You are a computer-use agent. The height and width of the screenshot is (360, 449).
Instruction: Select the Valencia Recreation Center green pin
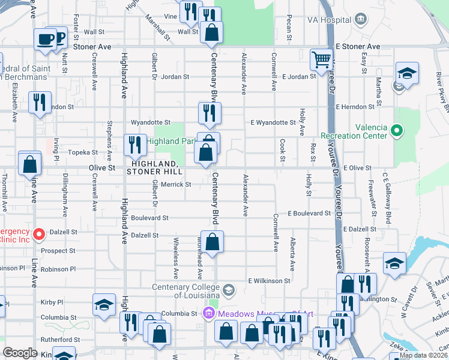pos(396,130)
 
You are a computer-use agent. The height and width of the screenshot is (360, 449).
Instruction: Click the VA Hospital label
pos(331,20)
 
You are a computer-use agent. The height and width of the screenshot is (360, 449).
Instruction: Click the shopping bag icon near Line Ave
pos(29,164)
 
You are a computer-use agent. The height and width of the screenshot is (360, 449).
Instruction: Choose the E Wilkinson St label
pos(270,280)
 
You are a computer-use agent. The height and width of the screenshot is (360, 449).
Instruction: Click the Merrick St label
pos(176,184)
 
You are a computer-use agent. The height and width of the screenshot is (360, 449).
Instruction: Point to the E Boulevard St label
pos(309,213)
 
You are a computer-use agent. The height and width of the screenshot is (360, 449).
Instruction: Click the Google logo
pos(20,353)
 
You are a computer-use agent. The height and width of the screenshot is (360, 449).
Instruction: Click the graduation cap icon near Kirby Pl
pos(104,304)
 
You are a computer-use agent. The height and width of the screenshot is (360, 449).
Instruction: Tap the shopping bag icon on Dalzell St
pos(212,242)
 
